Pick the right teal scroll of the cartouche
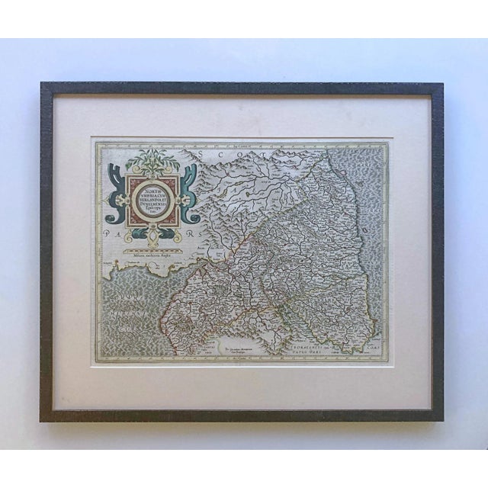(x=190, y=201)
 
